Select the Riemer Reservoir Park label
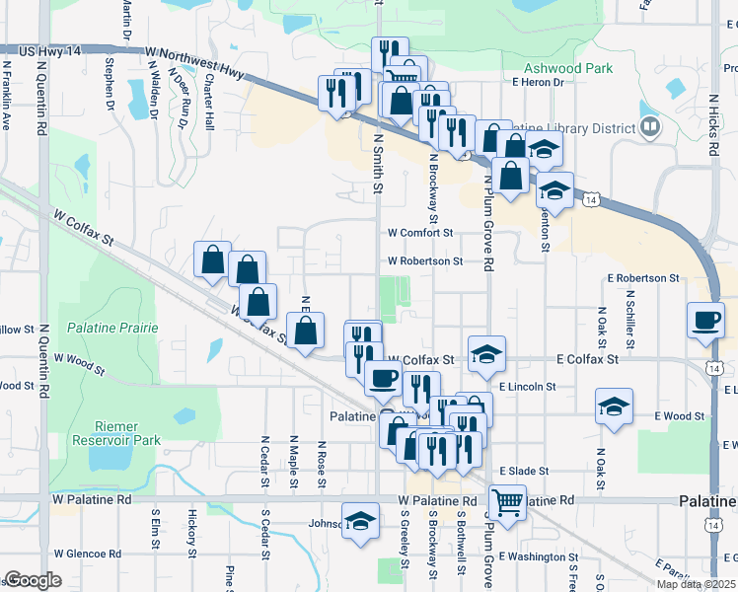coord(127,433)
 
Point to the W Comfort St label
coord(419,233)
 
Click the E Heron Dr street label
coord(537,83)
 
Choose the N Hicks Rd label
coord(712,125)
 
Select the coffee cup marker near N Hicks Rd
coord(706,320)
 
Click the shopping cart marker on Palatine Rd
coord(507,502)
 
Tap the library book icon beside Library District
coord(649,126)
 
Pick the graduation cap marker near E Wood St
coord(614,406)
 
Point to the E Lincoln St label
coord(528,387)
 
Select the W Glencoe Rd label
coord(86,554)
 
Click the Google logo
coord(33,580)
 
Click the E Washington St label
coord(539,557)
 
